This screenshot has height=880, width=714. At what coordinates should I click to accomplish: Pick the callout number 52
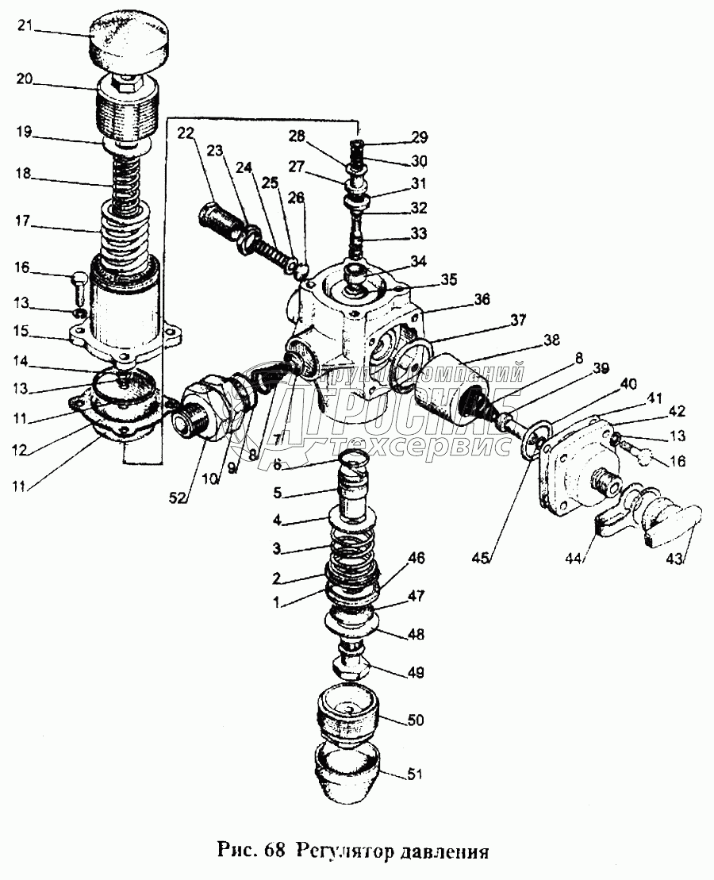coord(178,497)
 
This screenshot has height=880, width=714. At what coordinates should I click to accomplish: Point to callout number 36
coord(482,299)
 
